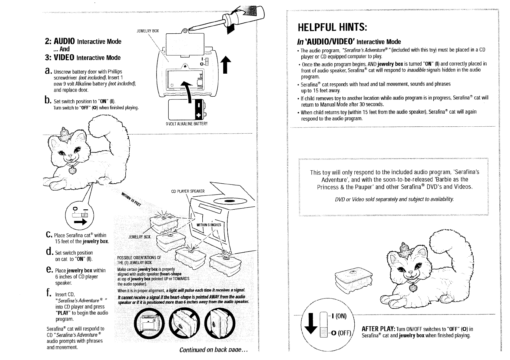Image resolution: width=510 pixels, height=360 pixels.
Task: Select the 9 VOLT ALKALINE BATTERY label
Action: pyautogui.click(x=186, y=124)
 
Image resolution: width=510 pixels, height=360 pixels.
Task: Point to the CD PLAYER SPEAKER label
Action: pyautogui.click(x=188, y=191)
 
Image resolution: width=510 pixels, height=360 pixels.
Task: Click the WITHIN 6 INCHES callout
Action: pyautogui.click(x=209, y=225)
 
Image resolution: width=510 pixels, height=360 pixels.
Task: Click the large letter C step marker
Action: pyautogui.click(x=48, y=235)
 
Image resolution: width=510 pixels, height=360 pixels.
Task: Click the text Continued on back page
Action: pyautogui.click(x=214, y=350)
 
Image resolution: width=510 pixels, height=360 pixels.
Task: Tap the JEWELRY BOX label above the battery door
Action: pyautogui.click(x=147, y=31)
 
